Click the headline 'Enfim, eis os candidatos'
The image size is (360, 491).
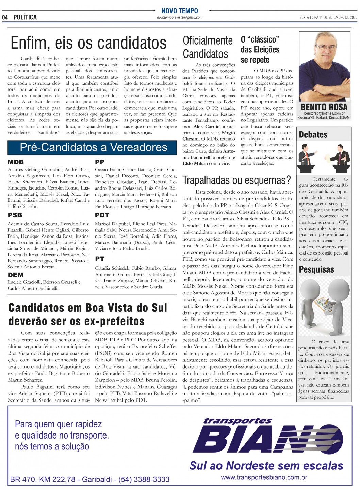(x=88, y=43)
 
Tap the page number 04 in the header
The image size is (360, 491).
(x=5, y=17)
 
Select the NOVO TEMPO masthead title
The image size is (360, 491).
(x=179, y=11)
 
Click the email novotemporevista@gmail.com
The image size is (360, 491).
(x=180, y=17)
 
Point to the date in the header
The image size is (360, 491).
(x=328, y=17)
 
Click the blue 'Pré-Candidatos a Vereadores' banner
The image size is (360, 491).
(x=93, y=147)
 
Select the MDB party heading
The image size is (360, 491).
(x=16, y=162)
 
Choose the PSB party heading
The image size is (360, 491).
(x=15, y=215)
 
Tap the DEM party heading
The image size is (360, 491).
(x=16, y=275)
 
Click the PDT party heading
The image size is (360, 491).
(x=102, y=215)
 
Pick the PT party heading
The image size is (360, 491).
(x=99, y=259)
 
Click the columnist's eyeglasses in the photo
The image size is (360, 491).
(x=324, y=48)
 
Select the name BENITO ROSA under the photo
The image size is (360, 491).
(x=324, y=107)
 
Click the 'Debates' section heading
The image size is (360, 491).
(x=313, y=135)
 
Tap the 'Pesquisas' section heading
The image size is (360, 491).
(x=316, y=269)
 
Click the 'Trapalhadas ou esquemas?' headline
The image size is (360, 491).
(x=237, y=180)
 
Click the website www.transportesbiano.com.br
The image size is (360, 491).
(x=264, y=477)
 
